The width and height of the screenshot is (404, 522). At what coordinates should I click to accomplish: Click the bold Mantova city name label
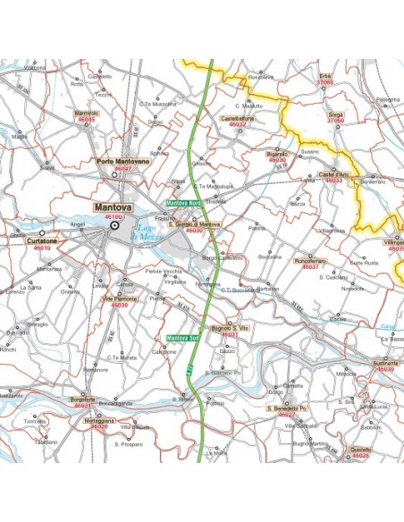[x=114, y=206]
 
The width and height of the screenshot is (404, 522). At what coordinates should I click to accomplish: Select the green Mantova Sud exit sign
[x=182, y=338]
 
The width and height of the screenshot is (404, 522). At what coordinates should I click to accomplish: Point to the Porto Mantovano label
[x=122, y=161]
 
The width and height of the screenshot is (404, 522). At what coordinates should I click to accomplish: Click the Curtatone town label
[x=42, y=240]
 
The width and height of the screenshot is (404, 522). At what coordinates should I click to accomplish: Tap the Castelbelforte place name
[x=238, y=118]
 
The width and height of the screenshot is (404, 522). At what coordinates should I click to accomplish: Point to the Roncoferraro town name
[x=310, y=260]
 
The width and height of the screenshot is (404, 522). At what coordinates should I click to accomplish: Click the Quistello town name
[x=361, y=450]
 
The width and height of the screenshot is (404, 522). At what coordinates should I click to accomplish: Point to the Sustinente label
[x=385, y=363]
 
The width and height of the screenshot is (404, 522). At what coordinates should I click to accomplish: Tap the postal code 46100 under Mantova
[x=114, y=216]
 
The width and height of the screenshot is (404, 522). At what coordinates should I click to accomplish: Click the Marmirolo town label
[x=87, y=114]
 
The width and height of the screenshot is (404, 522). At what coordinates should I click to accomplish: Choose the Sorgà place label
[x=335, y=115]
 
